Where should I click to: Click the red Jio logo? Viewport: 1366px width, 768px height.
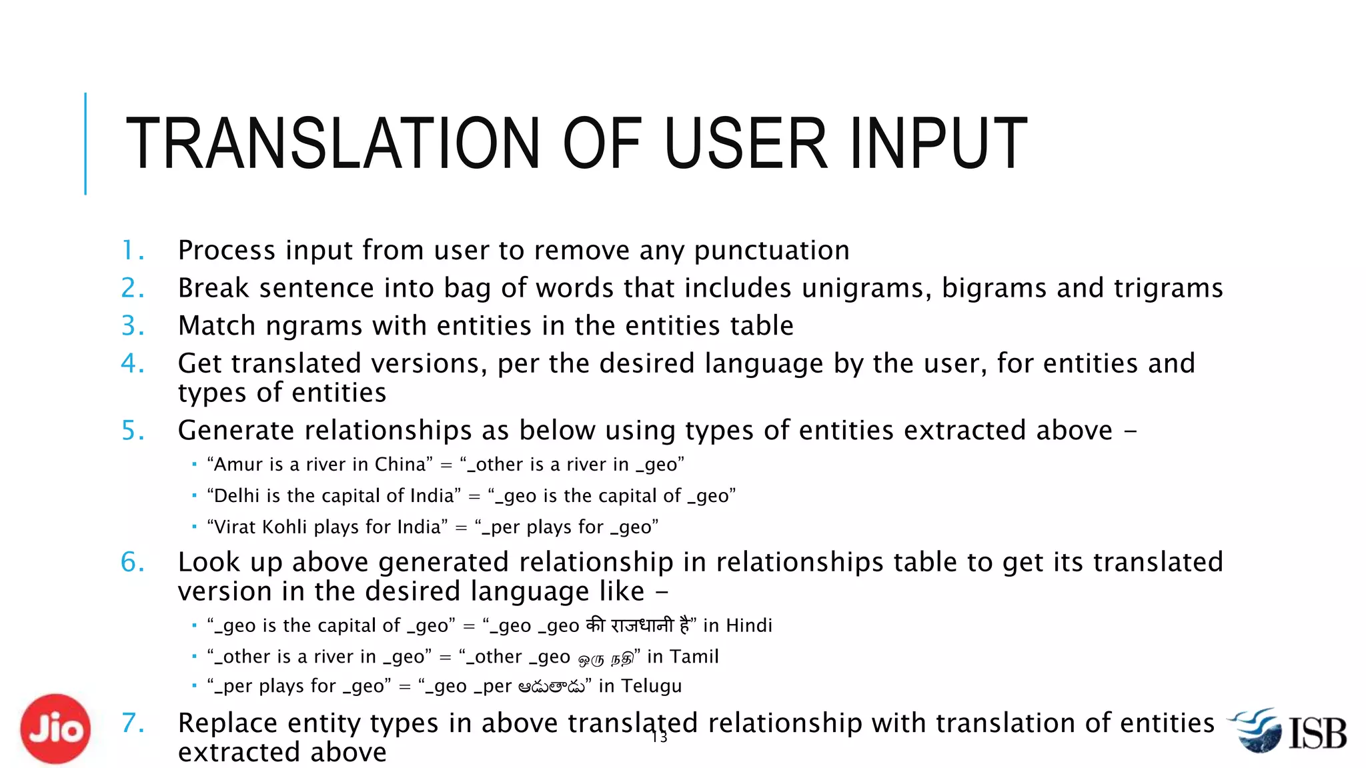pos(55,729)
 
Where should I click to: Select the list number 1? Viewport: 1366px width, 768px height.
pos(132,251)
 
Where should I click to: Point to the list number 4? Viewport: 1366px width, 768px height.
pos(132,364)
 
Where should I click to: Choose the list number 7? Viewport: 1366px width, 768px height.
pos(132,723)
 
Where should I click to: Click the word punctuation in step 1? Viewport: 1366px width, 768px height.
pos(772,251)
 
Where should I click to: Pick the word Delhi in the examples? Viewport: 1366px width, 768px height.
pos(237,496)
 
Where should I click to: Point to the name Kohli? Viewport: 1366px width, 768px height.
pos(285,527)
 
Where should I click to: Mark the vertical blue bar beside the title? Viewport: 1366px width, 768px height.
pos(85,143)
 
